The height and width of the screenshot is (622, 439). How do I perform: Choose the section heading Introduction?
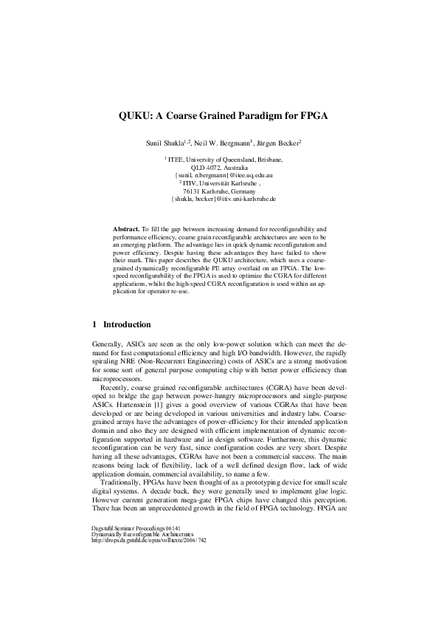pyautogui.click(x=127, y=324)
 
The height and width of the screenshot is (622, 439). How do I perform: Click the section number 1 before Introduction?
pyautogui.click(x=94, y=324)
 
